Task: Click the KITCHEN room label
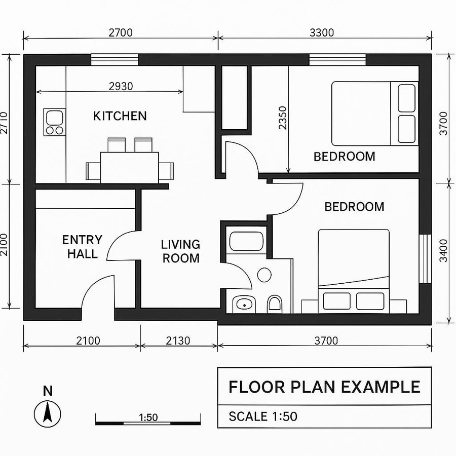pos(120,116)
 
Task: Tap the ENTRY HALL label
pos(82,247)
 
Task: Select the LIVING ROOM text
pos(180,251)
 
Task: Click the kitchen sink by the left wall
pos(54,122)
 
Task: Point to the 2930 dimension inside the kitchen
pos(121,86)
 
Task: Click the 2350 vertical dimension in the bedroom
pos(282,118)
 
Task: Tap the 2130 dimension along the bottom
pos(178,341)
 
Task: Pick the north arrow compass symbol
pos(48,413)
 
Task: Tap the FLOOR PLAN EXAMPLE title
pos(324,387)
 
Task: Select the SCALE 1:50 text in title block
pos(263,416)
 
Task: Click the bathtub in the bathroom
pos(245,241)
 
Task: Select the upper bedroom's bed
pos(375,113)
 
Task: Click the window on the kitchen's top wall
pos(115,60)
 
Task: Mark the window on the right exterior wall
pos(425,259)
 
